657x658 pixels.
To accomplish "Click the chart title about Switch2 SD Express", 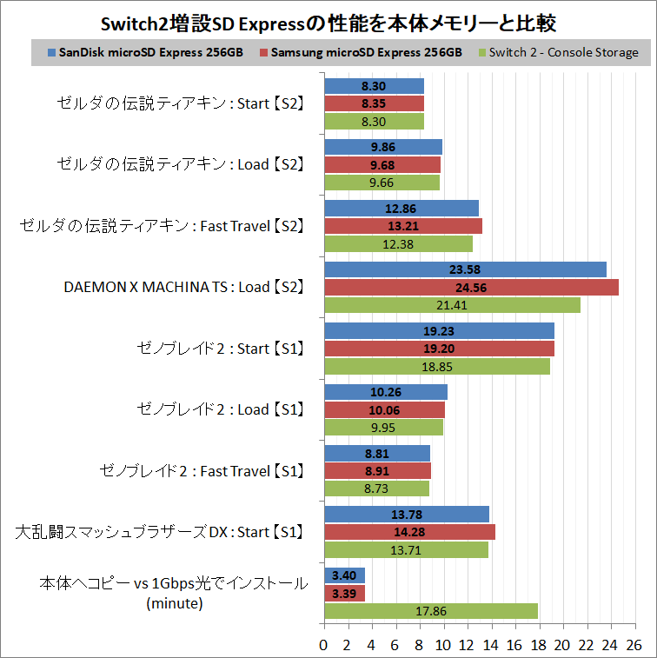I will click(328, 20).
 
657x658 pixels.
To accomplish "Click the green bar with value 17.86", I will click(430, 611).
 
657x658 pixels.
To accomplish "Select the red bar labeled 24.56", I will click(471, 287).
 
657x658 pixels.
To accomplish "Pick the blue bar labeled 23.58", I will click(465, 269).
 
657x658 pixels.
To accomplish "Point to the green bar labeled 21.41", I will click(452, 305).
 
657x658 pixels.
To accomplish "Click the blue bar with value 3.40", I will click(344, 575).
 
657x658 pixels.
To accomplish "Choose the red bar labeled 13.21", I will click(402, 226).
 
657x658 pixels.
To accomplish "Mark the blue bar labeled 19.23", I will click(439, 330).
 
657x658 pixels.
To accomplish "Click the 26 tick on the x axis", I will click(634, 644).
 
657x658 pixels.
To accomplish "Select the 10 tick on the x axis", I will click(443, 644).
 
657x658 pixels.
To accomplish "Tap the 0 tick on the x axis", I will click(324, 644).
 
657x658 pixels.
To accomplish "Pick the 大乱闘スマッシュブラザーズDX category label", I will click(160, 532).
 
